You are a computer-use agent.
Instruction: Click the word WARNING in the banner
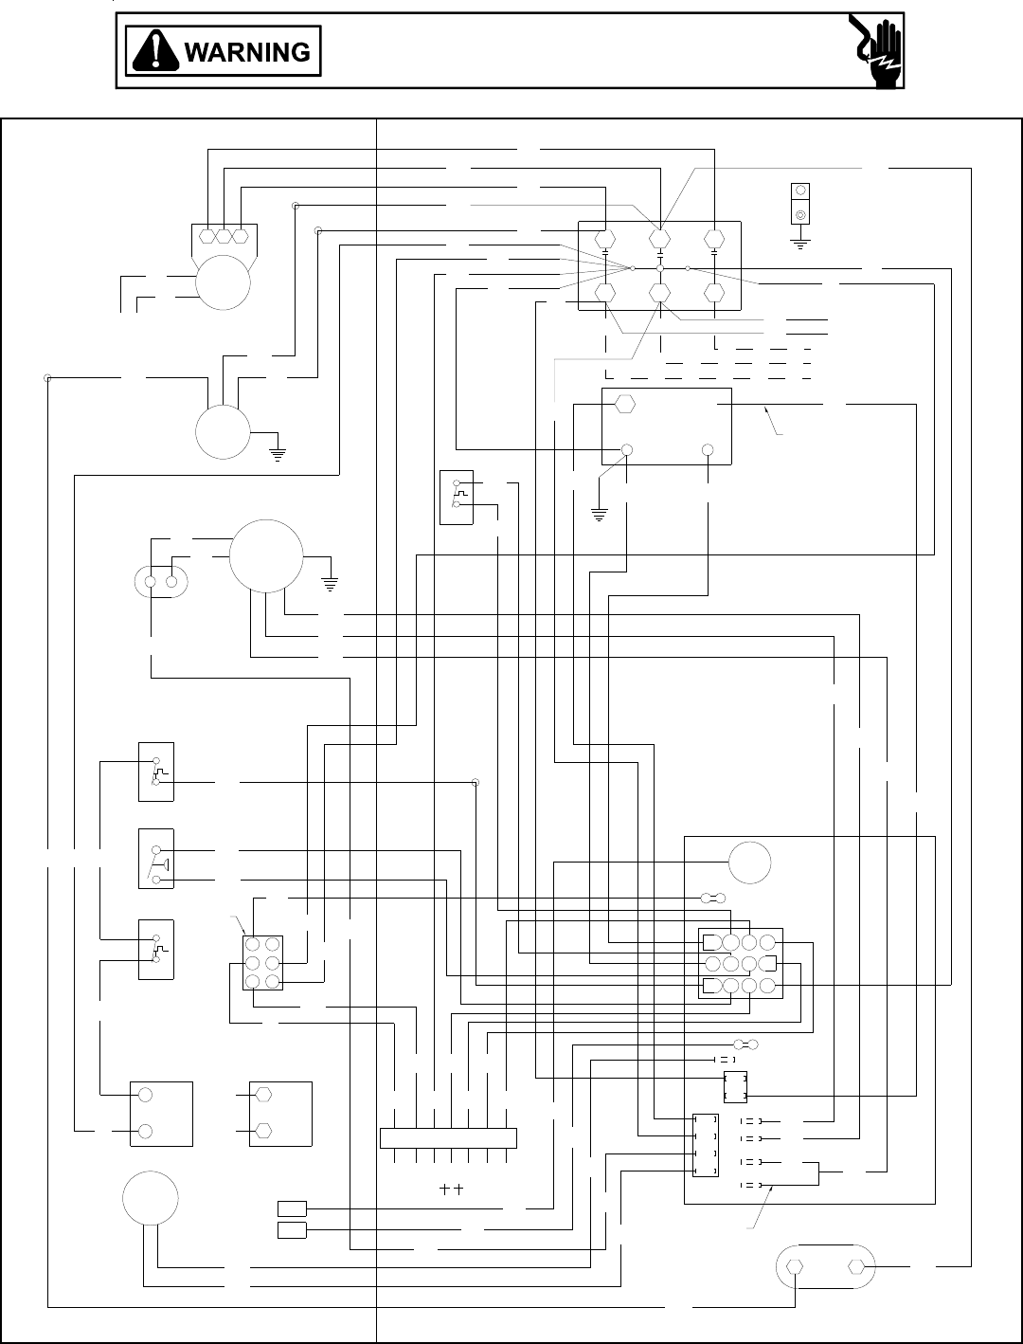point(247,52)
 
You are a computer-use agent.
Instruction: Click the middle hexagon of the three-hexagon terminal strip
point(223,235)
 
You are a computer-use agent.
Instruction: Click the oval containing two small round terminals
point(161,581)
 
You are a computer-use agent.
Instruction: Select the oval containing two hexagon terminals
point(826,1266)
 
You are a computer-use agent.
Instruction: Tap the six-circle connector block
point(262,963)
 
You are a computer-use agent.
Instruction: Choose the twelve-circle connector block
point(741,963)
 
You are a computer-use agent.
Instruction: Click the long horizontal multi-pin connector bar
point(448,1137)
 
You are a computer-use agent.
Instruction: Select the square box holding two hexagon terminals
point(280,1114)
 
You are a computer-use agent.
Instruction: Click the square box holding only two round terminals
point(161,1114)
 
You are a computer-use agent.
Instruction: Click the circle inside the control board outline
point(749,863)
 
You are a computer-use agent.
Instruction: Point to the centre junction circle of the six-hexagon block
point(660,269)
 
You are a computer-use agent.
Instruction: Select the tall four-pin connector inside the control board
point(706,1146)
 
